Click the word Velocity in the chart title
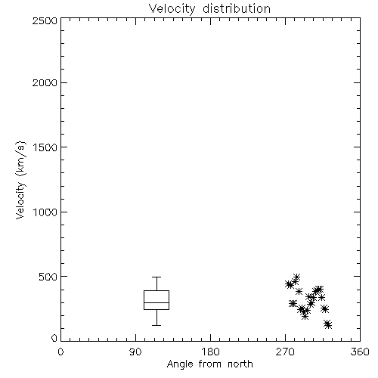pos(172,9)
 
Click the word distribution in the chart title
pos(237,8)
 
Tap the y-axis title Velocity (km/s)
pos(20,180)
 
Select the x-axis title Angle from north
pos(209,364)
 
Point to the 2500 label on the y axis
pos(45,20)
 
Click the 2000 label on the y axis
pos(45,82)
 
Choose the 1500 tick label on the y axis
pos(45,147)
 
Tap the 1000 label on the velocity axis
pos(45,212)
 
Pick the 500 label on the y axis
pos(48,277)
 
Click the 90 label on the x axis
pos(135,352)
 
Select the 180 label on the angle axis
pos(210,352)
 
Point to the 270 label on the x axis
pos(285,352)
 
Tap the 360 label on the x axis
pos(360,352)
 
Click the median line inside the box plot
pos(156,302)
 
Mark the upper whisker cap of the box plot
pos(156,277)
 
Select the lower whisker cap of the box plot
pos(156,325)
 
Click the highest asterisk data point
pos(296,277)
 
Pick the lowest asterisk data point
pos(328,326)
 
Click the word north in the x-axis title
pos(240,364)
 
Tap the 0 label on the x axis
pos(60,352)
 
